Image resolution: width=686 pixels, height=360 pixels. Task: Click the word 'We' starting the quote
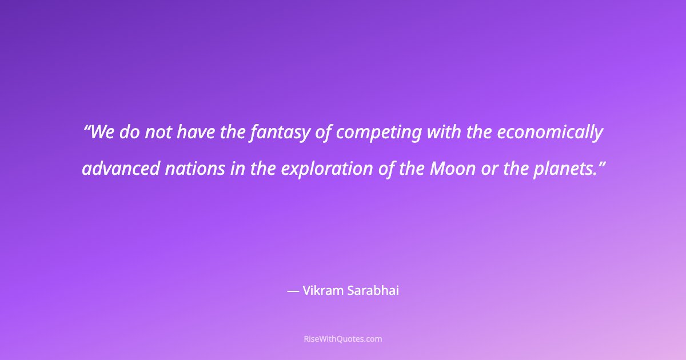[102, 133]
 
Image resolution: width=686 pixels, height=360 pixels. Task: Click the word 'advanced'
[121, 169]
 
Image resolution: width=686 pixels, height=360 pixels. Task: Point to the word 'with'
[443, 133]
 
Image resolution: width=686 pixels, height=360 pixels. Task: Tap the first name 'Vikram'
[324, 290]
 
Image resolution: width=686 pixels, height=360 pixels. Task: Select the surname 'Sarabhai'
[373, 290]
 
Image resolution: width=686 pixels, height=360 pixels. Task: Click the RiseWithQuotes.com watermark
[343, 339]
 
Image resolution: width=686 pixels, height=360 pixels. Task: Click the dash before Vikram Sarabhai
[293, 291]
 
